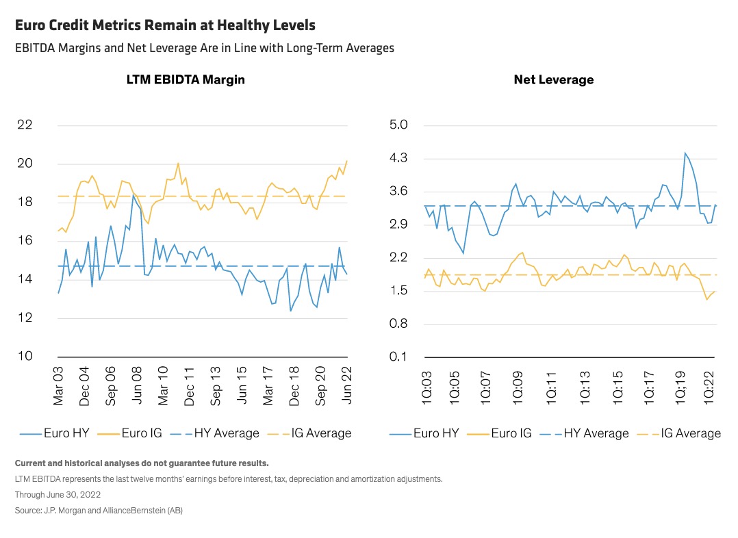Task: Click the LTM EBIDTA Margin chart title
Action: (x=186, y=79)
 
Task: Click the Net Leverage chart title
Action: (x=553, y=79)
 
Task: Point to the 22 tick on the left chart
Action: (x=25, y=125)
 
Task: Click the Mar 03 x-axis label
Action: (x=58, y=385)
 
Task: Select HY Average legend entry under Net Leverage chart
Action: (x=585, y=433)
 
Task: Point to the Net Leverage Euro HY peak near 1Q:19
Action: (x=685, y=153)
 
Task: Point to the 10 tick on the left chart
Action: (x=25, y=357)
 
